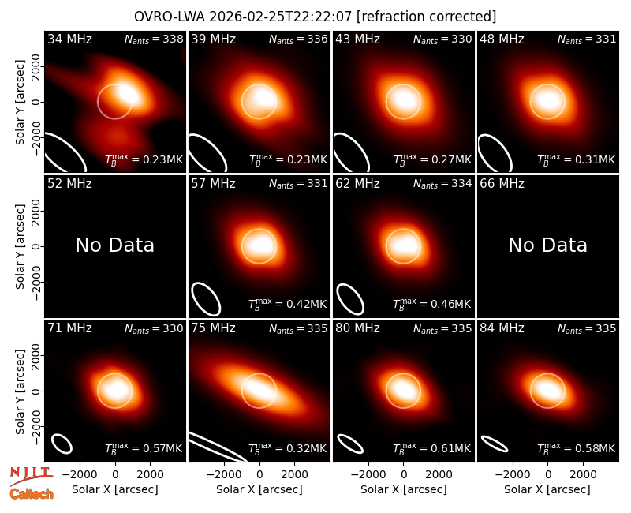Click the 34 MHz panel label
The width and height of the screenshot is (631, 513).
(x=69, y=39)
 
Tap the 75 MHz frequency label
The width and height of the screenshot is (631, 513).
(x=213, y=328)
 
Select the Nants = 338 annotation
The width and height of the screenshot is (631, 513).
(x=154, y=39)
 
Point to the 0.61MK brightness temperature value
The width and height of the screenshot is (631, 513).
(x=450, y=448)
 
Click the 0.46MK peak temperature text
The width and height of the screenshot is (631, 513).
(x=450, y=304)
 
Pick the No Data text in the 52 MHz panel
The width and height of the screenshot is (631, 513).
(x=115, y=245)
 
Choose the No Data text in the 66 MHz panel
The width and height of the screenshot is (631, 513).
(x=548, y=245)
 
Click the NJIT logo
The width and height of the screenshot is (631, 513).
(x=31, y=476)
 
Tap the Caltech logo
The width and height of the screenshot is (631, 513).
(x=32, y=494)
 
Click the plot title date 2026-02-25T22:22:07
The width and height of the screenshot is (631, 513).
(x=281, y=17)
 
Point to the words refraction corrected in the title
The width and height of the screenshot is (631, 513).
(x=427, y=17)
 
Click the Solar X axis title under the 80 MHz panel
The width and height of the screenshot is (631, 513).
(x=404, y=489)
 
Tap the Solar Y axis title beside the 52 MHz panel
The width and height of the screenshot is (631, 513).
(x=20, y=246)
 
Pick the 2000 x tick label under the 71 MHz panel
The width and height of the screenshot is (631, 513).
(x=150, y=474)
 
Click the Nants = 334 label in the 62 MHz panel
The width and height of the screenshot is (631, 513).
(x=442, y=184)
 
